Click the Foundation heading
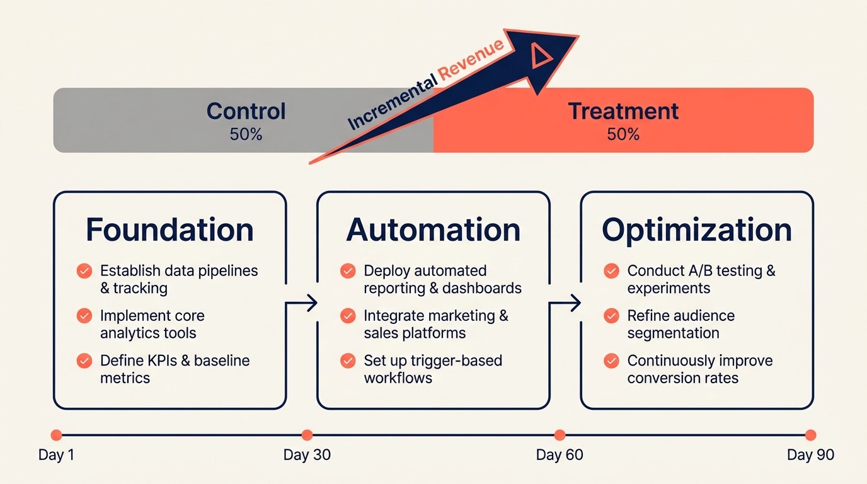169,229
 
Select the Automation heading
433,229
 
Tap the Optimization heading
696,229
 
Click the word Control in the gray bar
246,112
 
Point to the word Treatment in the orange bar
623,112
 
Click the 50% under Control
246,134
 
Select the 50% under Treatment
623,134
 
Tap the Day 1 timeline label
56,455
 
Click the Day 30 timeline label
307,455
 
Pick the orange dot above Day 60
560,435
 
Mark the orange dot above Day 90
810,435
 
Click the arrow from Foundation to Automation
302,303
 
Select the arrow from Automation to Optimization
566,303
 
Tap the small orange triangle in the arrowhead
540,57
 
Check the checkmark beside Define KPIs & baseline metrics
84,361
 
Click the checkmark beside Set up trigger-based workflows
347,361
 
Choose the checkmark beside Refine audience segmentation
611,316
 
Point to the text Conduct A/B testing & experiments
701,279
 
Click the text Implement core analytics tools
152,324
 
